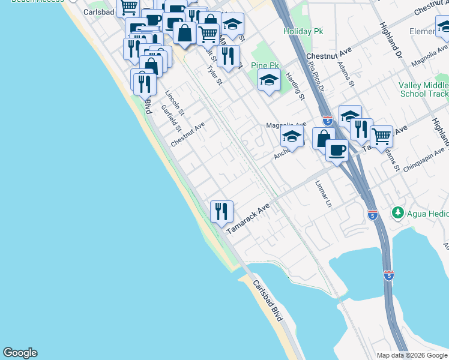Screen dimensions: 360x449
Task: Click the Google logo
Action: pyautogui.click(x=20, y=353)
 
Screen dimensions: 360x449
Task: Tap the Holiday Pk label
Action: pyautogui.click(x=299, y=31)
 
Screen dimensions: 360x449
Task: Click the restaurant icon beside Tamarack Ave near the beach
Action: pyautogui.click(x=221, y=211)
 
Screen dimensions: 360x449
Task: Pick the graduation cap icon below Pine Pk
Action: pyautogui.click(x=269, y=80)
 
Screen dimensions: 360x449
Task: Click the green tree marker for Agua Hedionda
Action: pyautogui.click(x=397, y=212)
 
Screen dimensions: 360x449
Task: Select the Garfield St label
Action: pyautogui.click(x=171, y=118)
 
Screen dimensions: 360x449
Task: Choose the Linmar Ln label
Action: pyautogui.click(x=323, y=194)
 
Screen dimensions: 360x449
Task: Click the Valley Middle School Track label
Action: pyautogui.click(x=423, y=89)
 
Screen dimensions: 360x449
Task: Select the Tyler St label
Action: pyautogui.click(x=214, y=76)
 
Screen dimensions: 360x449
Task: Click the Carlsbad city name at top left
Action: pyautogui.click(x=98, y=11)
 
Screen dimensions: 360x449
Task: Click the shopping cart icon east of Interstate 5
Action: pyautogui.click(x=381, y=136)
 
